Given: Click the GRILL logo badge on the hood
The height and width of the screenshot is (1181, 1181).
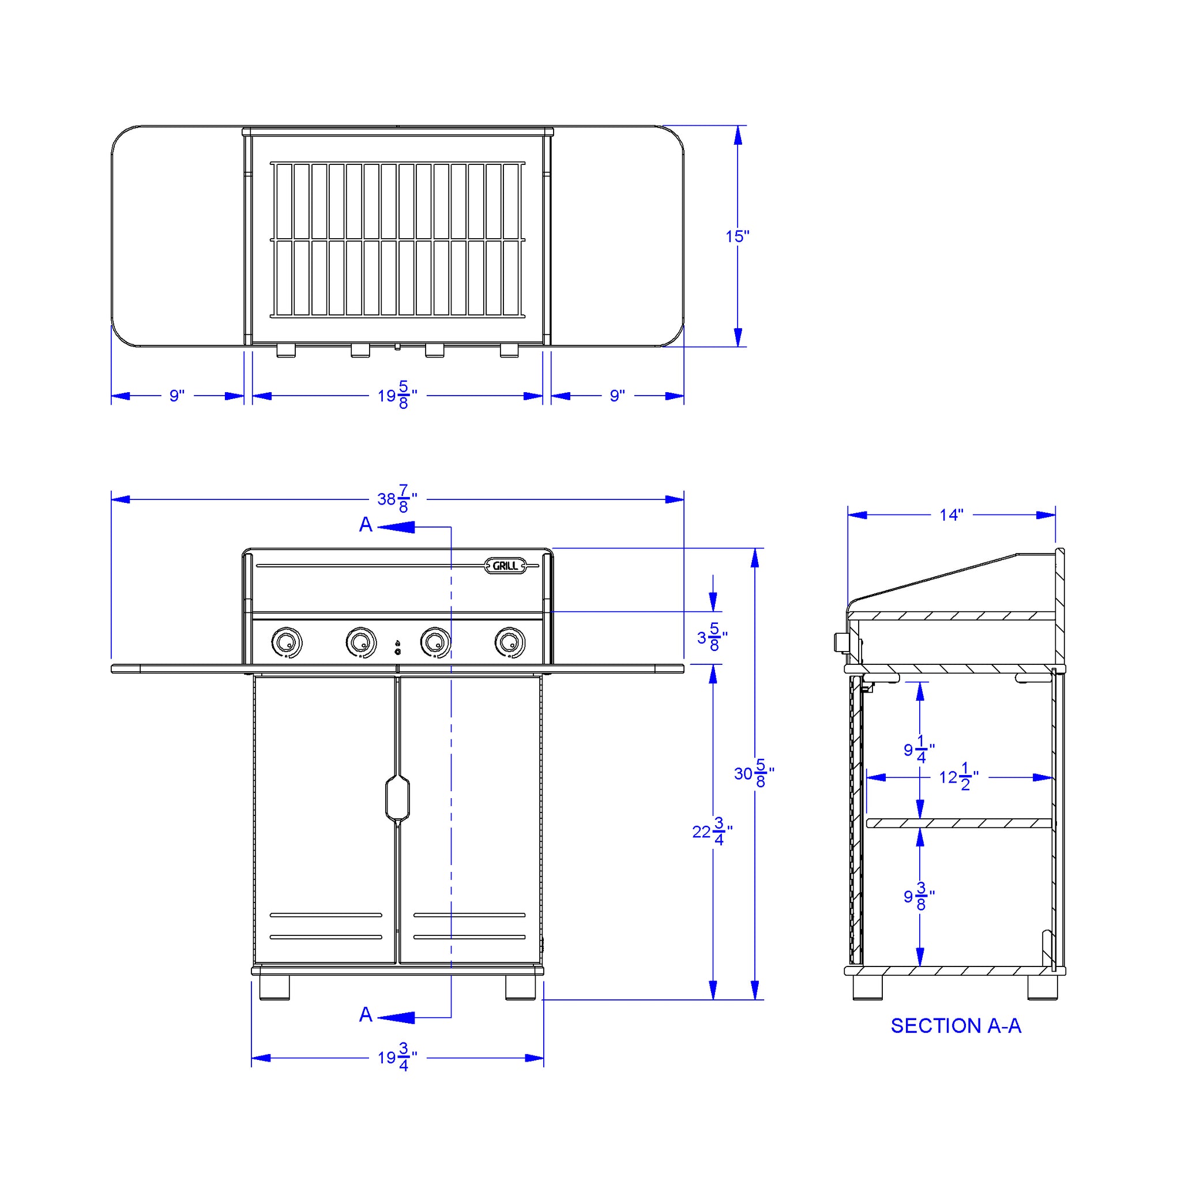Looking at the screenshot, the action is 505,566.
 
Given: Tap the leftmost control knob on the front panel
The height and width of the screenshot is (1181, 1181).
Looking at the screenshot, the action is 286,642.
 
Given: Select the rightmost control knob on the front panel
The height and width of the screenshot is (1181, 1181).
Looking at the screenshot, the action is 510,642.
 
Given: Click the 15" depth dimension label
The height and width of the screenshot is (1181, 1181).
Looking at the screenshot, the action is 737,236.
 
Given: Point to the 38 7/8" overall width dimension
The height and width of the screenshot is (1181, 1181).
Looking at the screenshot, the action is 397,499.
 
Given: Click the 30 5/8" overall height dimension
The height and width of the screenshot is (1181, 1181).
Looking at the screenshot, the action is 754,773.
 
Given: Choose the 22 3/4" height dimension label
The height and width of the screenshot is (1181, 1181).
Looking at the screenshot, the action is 712,832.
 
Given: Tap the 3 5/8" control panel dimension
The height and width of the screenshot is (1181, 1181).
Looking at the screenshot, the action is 712,637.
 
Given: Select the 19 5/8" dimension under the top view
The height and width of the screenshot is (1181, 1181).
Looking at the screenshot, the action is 397,395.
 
